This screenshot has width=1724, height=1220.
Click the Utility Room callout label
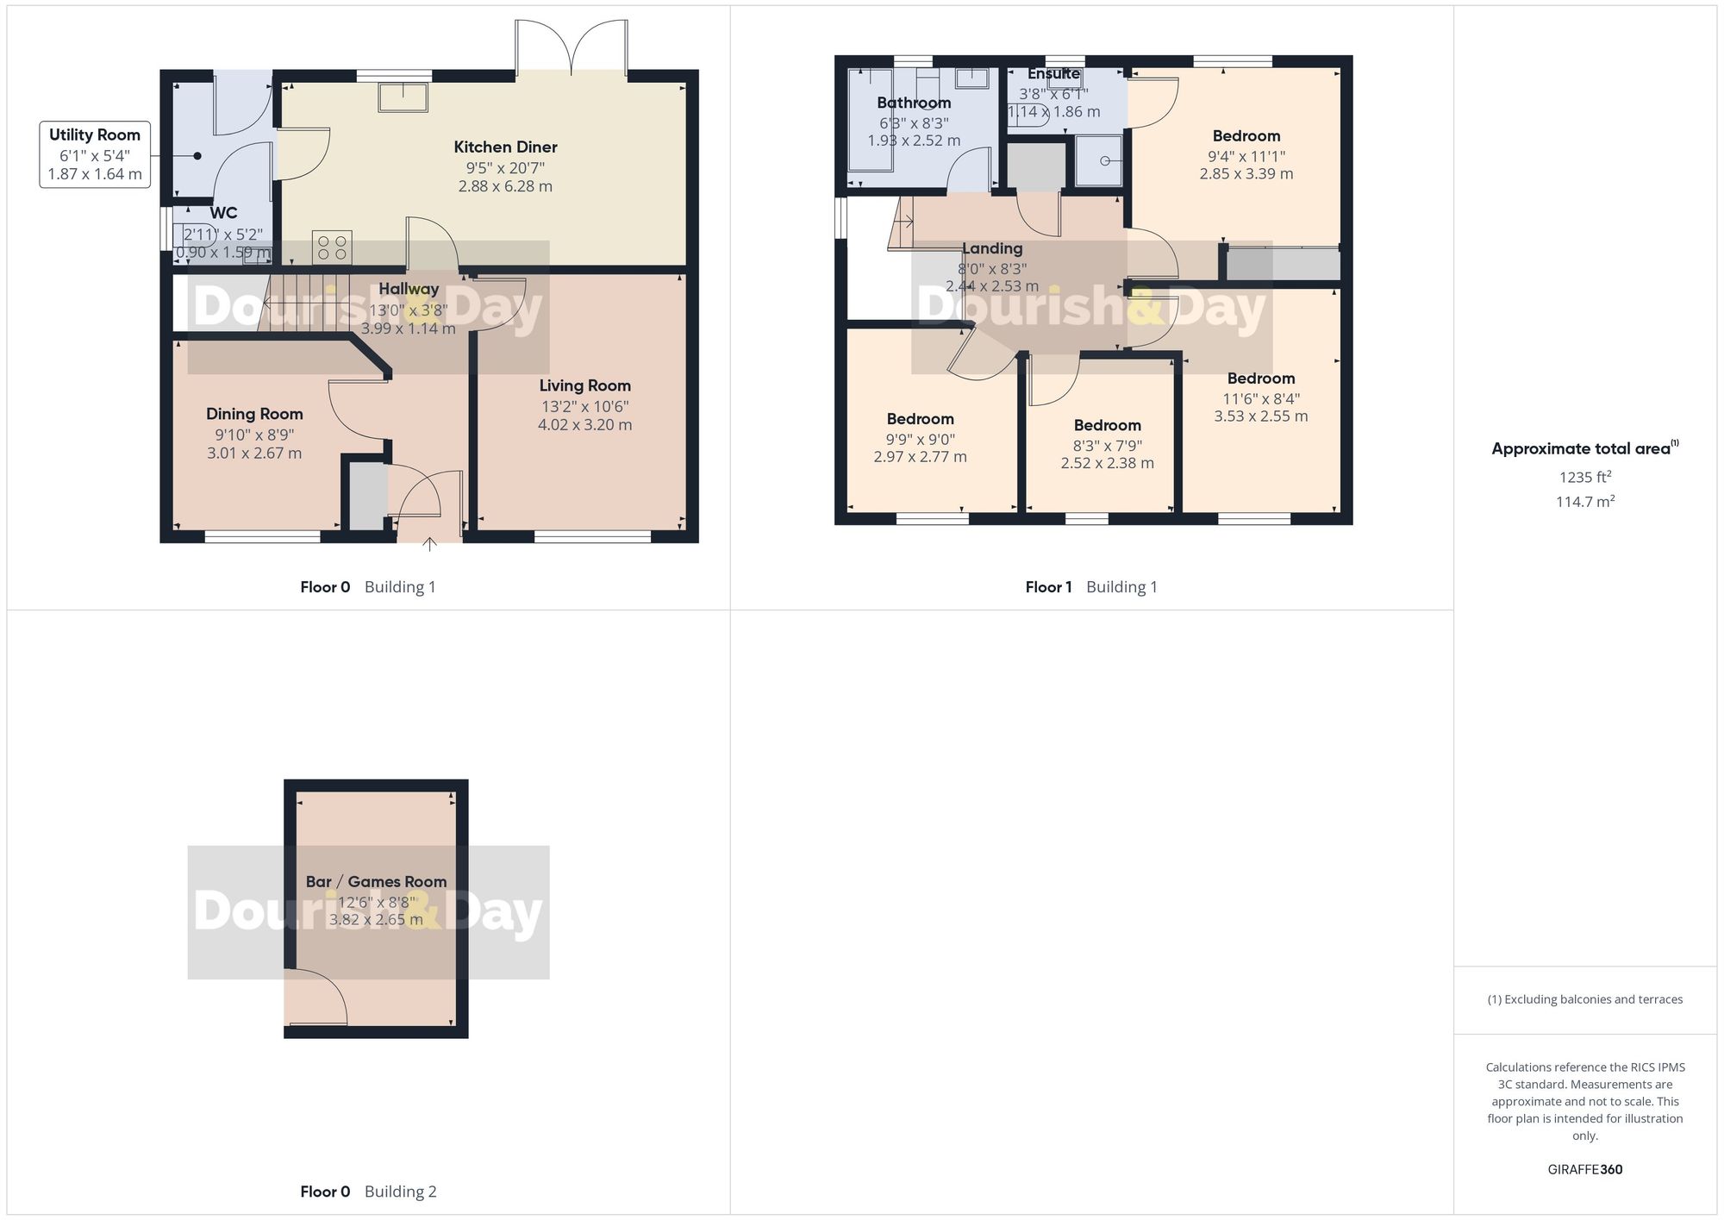(95, 135)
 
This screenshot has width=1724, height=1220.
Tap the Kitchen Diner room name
(505, 147)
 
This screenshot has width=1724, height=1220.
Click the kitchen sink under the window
(403, 97)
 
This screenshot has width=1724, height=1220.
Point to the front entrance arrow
(429, 544)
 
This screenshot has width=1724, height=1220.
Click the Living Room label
(584, 386)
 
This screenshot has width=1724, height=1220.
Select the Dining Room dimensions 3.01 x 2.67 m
(254, 454)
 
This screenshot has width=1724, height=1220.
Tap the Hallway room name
(409, 290)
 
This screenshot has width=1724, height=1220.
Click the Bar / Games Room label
(376, 882)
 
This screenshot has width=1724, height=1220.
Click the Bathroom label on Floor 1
(914, 103)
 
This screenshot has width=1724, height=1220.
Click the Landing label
(992, 249)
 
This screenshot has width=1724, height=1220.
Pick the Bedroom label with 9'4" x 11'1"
(1246, 136)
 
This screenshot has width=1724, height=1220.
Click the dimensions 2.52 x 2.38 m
(1107, 464)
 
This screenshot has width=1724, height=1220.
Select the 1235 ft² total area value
(1584, 478)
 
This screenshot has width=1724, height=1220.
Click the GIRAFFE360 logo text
(1584, 1170)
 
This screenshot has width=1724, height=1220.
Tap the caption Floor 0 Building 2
(368, 1192)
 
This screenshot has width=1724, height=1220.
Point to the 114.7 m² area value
(1584, 502)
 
